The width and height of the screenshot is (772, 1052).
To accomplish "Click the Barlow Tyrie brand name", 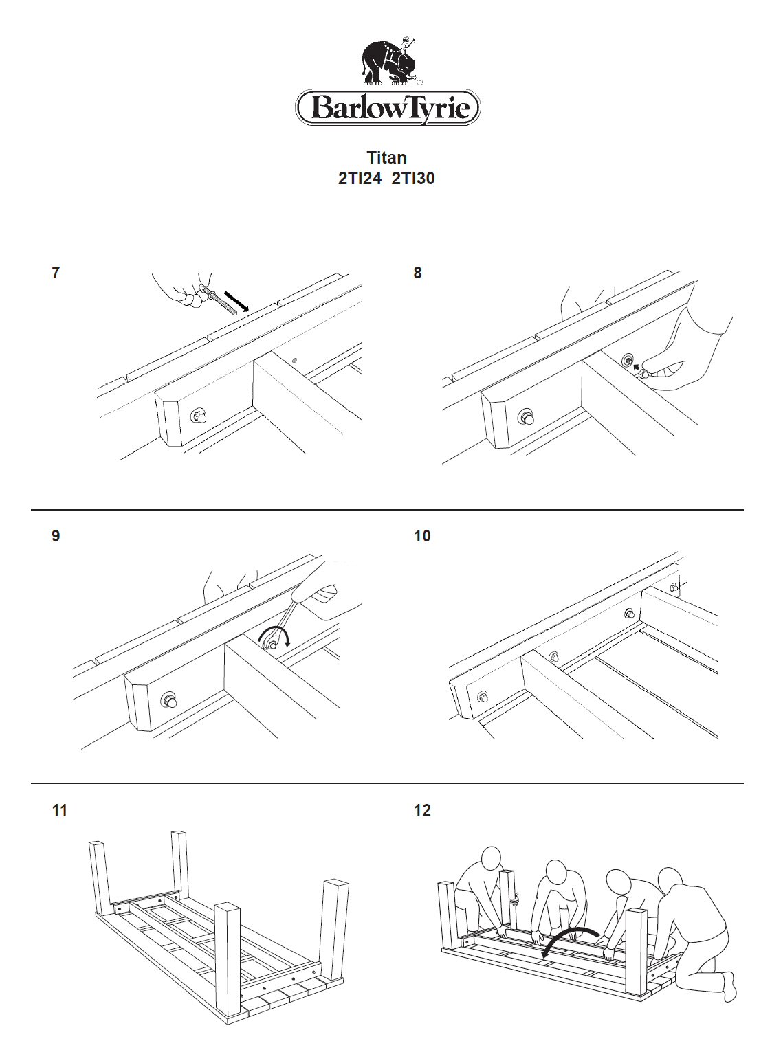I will click(388, 108).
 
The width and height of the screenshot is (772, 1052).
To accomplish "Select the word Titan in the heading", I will click(386, 158).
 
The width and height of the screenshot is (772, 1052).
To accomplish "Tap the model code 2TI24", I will click(360, 179).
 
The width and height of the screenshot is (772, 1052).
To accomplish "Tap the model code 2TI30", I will click(413, 179).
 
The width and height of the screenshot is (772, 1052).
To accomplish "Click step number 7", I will click(56, 273).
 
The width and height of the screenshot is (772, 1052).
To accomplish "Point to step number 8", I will click(417, 273).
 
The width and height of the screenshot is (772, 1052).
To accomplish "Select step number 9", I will click(56, 536).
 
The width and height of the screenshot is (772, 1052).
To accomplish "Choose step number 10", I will click(422, 536).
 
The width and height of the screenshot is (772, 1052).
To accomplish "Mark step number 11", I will click(60, 811).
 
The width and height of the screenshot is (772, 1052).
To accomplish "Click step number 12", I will click(422, 811).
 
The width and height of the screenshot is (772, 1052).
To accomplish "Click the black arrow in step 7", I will click(237, 300).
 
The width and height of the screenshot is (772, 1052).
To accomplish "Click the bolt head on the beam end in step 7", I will click(199, 416).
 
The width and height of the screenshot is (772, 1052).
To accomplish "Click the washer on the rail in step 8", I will click(627, 360).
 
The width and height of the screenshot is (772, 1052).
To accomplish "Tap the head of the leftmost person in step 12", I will click(491, 859).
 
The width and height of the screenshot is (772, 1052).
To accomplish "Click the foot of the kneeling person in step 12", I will click(729, 987).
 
